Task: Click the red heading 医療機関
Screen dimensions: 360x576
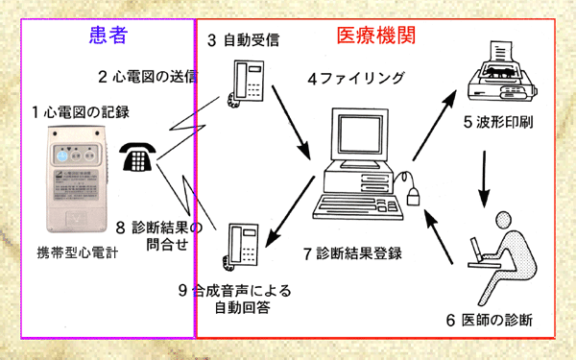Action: point(374,37)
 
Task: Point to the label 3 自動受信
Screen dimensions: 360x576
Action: point(246,41)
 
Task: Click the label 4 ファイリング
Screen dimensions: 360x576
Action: point(356,78)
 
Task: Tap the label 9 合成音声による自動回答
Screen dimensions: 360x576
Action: point(234,298)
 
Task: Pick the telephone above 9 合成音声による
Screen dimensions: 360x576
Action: point(239,245)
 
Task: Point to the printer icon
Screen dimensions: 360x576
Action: point(498,75)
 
